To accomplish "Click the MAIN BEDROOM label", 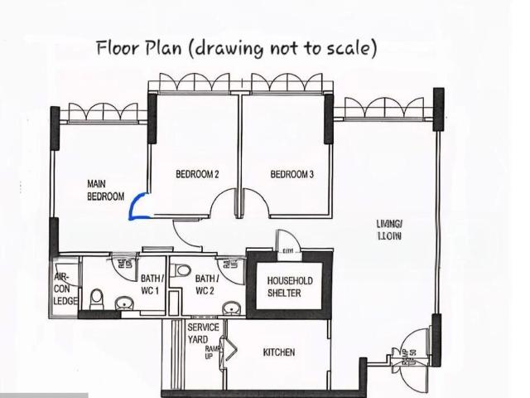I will [x=105, y=190].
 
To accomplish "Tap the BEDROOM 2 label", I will [x=197, y=174].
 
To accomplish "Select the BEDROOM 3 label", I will [x=291, y=174].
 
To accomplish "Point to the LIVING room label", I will [x=388, y=230].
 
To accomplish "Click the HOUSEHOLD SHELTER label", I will [x=290, y=287].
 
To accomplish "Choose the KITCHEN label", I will [x=278, y=352].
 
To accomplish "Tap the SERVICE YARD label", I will [x=203, y=333].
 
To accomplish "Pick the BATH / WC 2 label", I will [x=207, y=284].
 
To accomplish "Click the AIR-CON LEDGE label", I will [x=65, y=289].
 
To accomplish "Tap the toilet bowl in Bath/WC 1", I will [x=97, y=296].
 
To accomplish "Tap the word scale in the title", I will [x=348, y=48].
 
